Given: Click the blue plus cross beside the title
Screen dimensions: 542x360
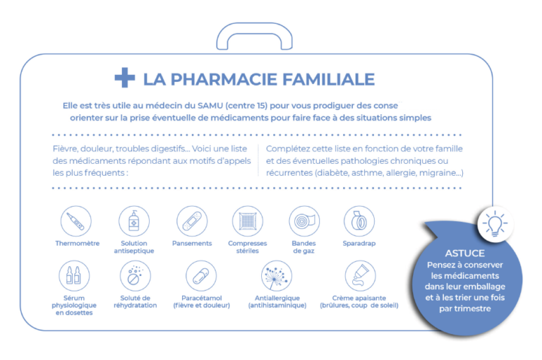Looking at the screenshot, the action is point(125,78).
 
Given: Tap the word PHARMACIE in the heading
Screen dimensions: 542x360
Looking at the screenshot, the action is point(224,79).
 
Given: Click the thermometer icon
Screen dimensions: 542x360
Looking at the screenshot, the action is point(76,222).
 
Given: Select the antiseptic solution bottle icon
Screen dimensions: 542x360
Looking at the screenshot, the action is point(134,222).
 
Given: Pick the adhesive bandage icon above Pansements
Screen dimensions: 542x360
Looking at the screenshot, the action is point(192,222).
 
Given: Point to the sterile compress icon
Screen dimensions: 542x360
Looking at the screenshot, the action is point(248,222).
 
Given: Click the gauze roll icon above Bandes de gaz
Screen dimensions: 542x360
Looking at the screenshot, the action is point(304,222).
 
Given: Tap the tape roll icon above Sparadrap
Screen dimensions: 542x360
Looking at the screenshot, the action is point(359,222).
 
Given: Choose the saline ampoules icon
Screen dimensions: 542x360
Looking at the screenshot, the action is point(74,276).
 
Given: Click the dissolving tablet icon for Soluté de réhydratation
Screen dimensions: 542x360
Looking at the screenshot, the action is point(135,276).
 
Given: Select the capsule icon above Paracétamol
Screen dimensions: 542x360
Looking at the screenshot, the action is point(201,276).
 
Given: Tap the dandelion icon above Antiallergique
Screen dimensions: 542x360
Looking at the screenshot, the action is point(277,276).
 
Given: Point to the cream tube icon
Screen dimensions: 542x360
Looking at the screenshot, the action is point(360,276).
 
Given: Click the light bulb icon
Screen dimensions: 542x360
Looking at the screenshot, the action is point(495,224).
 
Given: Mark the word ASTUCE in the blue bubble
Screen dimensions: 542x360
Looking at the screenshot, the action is point(465,253).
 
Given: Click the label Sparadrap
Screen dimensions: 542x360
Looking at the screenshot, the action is point(359,244).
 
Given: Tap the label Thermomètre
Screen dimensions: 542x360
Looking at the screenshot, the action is point(78,244).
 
